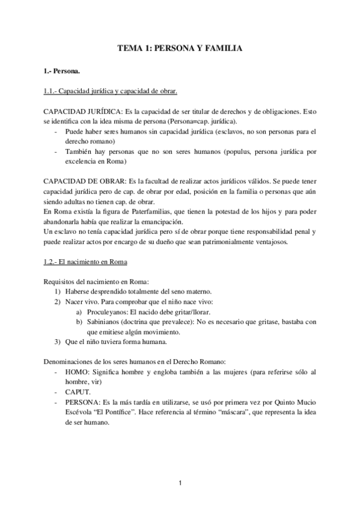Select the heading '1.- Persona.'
[63, 72]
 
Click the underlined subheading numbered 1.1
[111, 91]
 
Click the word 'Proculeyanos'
[107, 312]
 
